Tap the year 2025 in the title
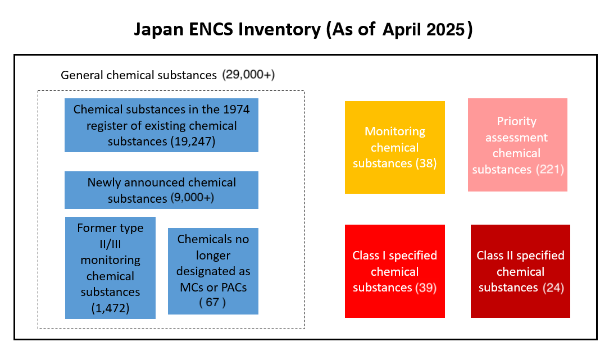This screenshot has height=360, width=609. [x=446, y=30]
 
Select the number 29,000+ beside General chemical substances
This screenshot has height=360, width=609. [x=248, y=74]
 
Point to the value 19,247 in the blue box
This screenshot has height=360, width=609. [x=192, y=142]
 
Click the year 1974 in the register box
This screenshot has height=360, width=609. [x=236, y=110]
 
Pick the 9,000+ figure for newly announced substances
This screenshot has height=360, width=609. [x=192, y=198]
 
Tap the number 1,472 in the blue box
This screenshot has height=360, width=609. [x=110, y=308]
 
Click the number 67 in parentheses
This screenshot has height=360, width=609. [x=212, y=302]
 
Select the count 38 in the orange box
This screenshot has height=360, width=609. [x=426, y=163]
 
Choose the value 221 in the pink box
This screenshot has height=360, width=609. [x=550, y=169]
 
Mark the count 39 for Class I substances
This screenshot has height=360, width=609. [x=426, y=288]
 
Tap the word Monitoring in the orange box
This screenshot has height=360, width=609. [x=394, y=131]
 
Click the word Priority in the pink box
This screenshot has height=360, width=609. [x=516, y=121]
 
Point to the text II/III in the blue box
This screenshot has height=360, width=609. [x=110, y=244]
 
